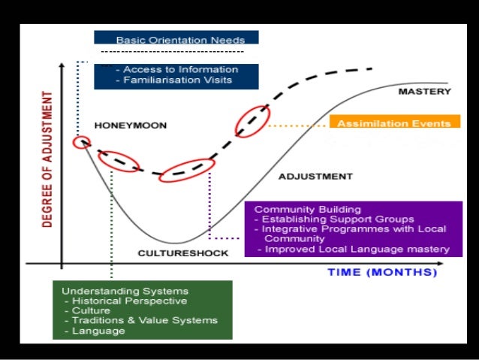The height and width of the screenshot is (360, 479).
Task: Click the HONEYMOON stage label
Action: pyautogui.click(x=131, y=125)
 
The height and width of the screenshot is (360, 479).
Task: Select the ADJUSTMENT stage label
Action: pyautogui.click(x=315, y=177)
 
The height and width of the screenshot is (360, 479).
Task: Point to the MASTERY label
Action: pyautogui.click(x=424, y=92)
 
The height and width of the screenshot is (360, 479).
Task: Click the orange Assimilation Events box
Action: pyautogui.click(x=394, y=123)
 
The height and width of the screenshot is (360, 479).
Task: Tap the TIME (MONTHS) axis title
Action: pyautogui.click(x=382, y=272)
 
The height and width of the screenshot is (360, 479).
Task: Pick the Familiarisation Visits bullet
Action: pyautogui.click(x=179, y=80)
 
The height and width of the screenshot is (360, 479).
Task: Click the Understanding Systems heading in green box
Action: pyautogui.click(x=125, y=290)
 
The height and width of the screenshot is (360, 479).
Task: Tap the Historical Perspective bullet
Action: pyautogui.click(x=128, y=300)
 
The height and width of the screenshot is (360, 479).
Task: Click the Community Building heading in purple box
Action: pyautogui.click(x=308, y=209)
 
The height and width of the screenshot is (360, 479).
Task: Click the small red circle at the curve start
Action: pyautogui.click(x=81, y=142)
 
